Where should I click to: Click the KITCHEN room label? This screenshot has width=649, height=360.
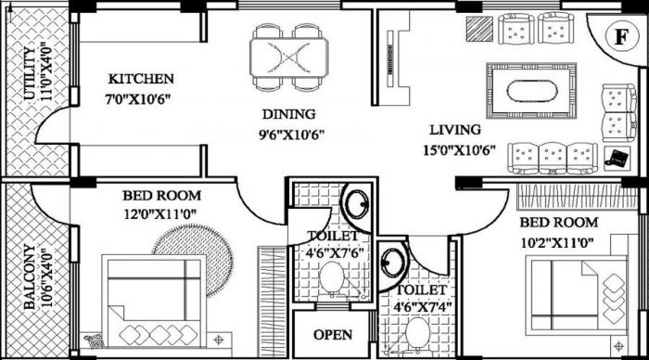(140, 78)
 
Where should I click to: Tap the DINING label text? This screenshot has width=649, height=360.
(287, 114)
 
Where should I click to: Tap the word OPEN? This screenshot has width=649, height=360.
(332, 335)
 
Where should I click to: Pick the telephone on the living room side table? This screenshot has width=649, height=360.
(614, 156)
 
